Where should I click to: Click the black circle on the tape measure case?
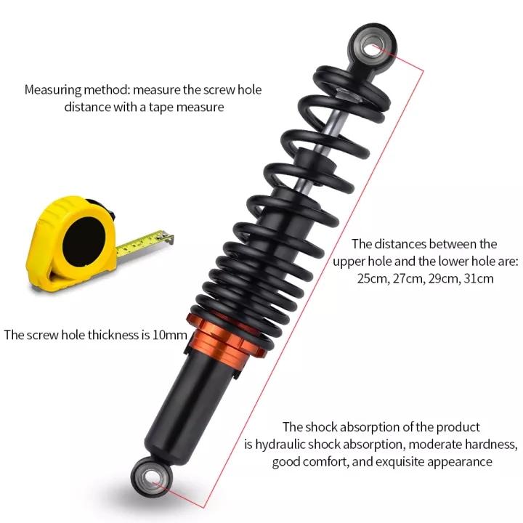84,241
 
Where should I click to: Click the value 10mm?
170,335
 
